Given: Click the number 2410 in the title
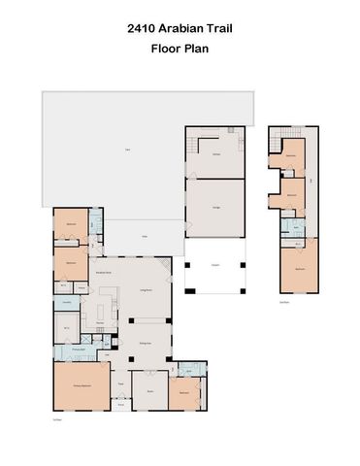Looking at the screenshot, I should (142, 29).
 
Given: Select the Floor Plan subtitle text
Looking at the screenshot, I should (180, 47).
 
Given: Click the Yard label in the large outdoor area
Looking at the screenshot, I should (127, 149).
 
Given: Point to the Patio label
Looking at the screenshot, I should (145, 236).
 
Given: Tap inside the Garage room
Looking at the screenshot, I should (213, 208).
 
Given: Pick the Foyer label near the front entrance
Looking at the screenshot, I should (121, 384).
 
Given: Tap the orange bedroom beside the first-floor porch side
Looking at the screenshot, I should (183, 392).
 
